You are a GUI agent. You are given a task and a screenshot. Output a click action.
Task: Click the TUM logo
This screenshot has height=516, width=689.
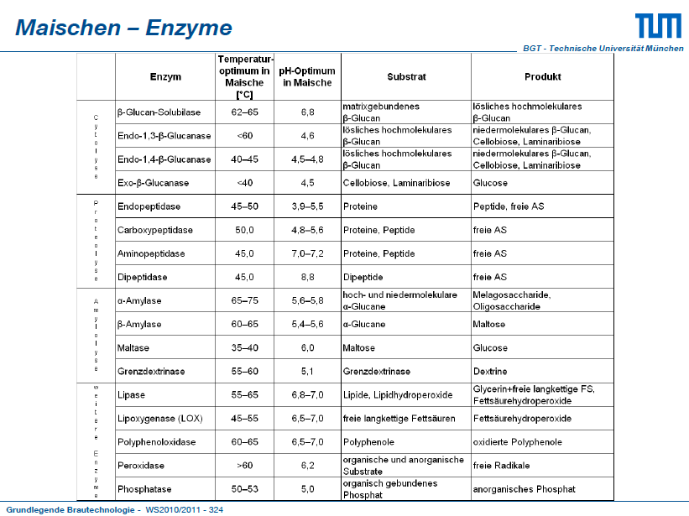click(x=658, y=25)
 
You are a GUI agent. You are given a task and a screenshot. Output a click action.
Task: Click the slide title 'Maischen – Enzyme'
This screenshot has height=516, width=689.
click(x=123, y=28)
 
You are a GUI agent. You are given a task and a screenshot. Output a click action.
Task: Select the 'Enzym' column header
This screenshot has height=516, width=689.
click(x=165, y=77)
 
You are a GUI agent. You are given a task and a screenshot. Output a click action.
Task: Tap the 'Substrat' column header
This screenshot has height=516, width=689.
click(x=406, y=77)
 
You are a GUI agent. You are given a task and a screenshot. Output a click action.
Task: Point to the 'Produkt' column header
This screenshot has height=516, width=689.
click(x=542, y=77)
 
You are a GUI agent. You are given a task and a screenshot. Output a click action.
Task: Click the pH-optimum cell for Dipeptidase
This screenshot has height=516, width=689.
click(x=307, y=277)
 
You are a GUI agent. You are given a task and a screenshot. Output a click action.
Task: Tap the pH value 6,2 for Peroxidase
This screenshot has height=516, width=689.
click(x=307, y=466)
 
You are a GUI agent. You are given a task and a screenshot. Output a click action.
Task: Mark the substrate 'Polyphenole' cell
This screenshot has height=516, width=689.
click(x=368, y=442)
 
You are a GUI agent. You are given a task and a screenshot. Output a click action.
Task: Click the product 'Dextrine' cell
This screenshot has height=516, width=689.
click(x=490, y=372)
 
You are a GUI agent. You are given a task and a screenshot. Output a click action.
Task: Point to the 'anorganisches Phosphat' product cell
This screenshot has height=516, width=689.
click(x=524, y=489)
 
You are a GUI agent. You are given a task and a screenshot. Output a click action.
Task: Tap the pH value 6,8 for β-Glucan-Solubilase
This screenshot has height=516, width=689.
click(x=307, y=112)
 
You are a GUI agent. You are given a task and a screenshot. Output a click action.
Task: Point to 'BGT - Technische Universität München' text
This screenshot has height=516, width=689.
click(x=603, y=49)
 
